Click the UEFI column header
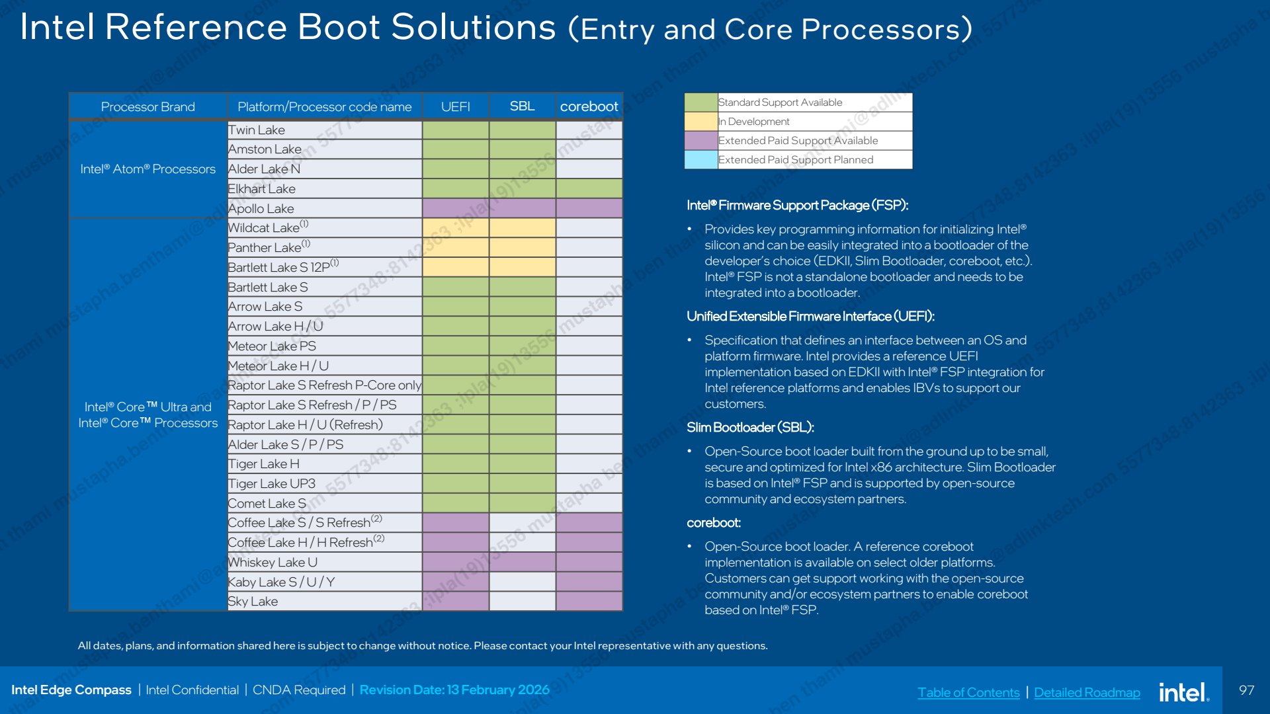(456, 106)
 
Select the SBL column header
(522, 106)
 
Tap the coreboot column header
(589, 106)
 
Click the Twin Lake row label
(257, 130)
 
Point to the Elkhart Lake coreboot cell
(589, 188)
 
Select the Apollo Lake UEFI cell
(456, 208)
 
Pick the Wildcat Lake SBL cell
(522, 228)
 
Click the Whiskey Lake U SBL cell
(522, 562)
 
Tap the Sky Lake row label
(253, 602)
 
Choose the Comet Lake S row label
(267, 504)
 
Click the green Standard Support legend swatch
(701, 102)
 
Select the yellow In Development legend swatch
(701, 122)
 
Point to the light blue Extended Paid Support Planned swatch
(701, 160)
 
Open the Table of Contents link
(968, 692)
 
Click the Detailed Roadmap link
(1087, 692)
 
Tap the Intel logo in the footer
(1184, 692)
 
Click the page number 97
(1246, 690)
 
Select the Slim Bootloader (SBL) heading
(750, 427)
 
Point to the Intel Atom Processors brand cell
(148, 169)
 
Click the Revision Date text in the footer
(454, 690)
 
